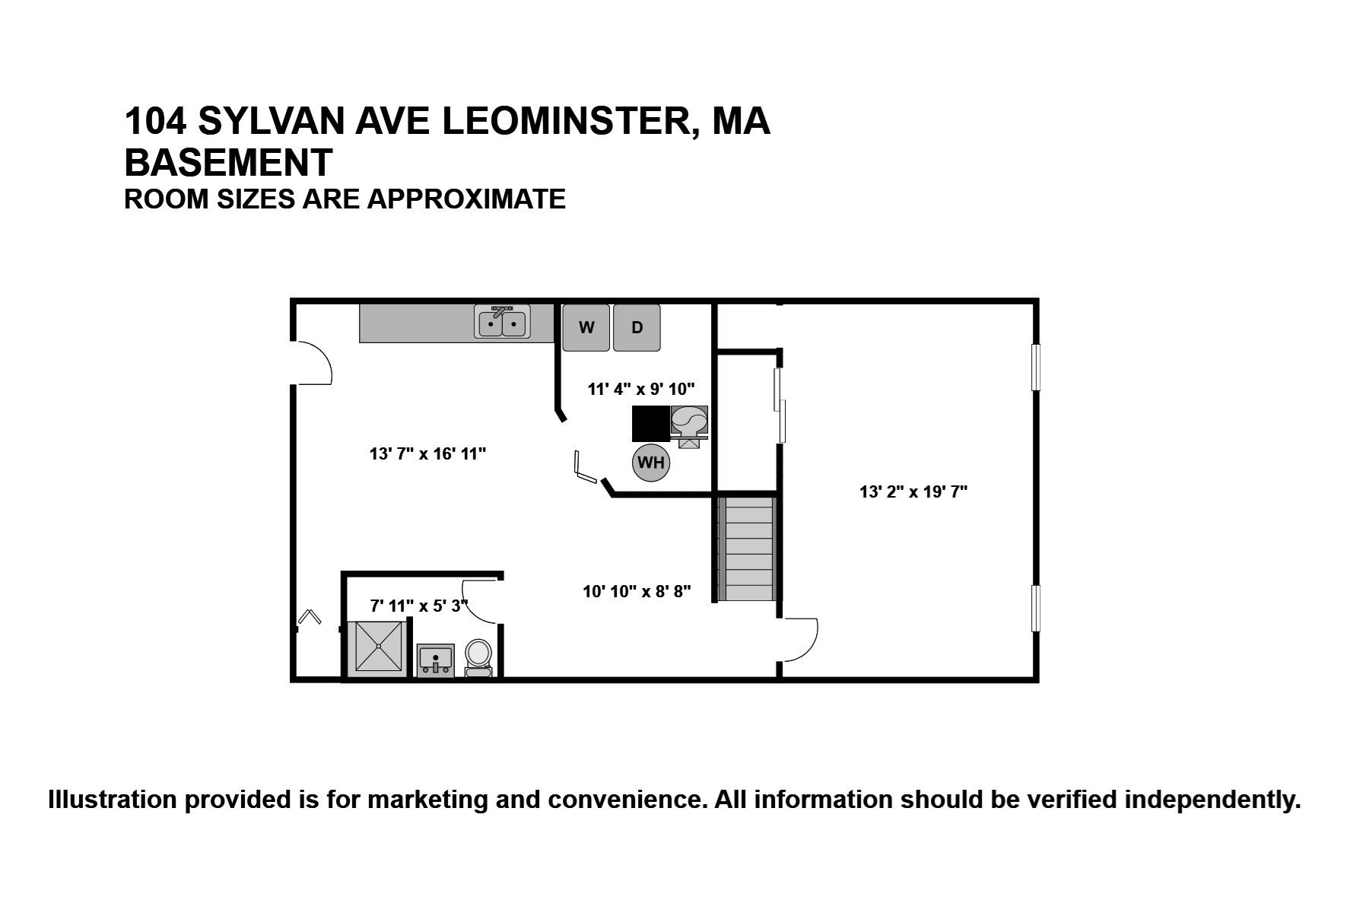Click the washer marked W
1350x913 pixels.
point(586,328)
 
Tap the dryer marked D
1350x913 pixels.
point(637,328)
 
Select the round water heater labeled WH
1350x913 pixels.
point(650,463)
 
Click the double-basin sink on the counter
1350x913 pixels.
point(503,323)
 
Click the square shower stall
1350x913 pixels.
point(379,647)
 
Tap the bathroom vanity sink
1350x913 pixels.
point(435,660)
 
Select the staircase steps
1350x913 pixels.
point(747,549)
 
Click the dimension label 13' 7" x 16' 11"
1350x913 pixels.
point(427,454)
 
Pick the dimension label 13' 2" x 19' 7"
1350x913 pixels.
point(913,491)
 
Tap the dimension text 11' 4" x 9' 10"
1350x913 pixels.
point(641,390)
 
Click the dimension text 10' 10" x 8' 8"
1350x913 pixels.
point(637,591)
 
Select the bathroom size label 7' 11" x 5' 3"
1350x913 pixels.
point(418,606)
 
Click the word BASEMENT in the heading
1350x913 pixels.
point(228,162)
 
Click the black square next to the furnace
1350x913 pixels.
point(650,424)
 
